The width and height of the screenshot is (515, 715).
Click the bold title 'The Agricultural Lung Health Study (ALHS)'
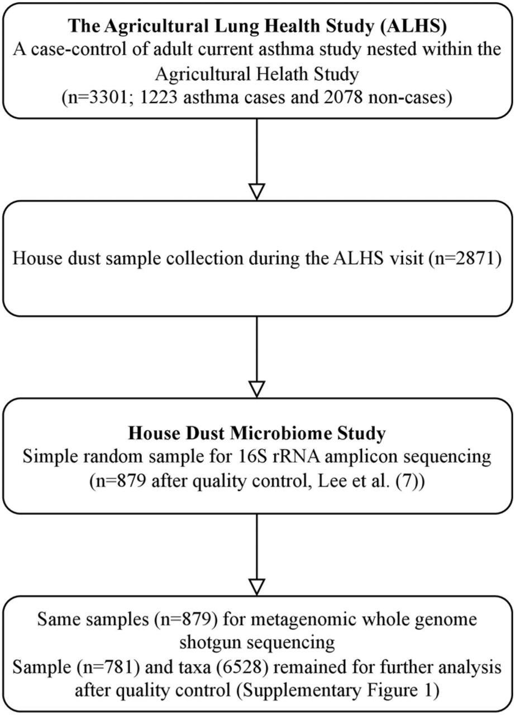pos(257,26)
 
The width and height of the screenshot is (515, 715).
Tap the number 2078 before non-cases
pos(343,98)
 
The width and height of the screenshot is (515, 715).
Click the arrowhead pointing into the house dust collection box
pos(257,192)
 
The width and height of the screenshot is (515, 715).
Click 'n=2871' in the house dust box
pos(464,258)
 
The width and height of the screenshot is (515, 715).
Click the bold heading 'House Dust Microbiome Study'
pos(257,433)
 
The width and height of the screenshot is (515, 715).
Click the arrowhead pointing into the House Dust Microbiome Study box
pos(257,389)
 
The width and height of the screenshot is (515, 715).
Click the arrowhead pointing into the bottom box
pos(257,587)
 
